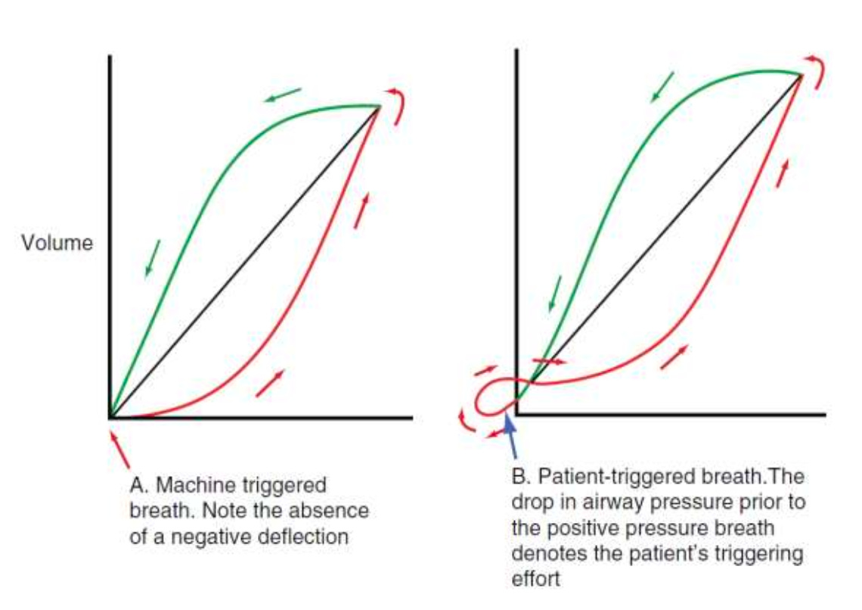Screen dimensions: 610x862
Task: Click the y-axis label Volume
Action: tap(57, 244)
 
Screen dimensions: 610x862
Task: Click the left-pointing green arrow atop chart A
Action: tap(282, 95)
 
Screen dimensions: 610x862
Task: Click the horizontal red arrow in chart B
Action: tap(549, 362)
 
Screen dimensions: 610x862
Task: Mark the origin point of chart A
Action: tap(110, 417)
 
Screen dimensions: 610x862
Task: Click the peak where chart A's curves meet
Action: tap(380, 106)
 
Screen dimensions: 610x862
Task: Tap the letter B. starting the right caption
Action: tap(521, 478)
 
